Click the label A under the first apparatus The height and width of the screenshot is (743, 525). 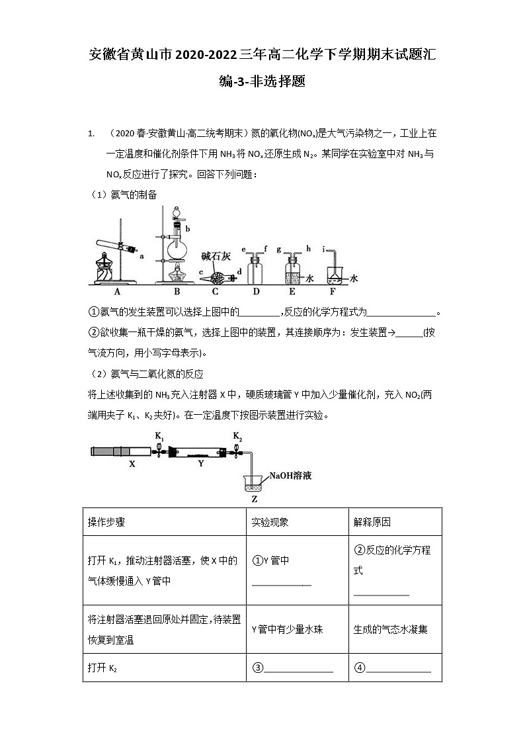point(117,291)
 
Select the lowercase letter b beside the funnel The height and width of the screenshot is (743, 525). point(188,228)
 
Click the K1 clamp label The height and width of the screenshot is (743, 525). point(159,436)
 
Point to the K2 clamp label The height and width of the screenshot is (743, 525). point(237,436)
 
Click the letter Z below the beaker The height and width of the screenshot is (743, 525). point(255,499)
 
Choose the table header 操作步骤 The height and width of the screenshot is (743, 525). point(106,522)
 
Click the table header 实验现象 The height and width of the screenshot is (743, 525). point(270,522)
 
